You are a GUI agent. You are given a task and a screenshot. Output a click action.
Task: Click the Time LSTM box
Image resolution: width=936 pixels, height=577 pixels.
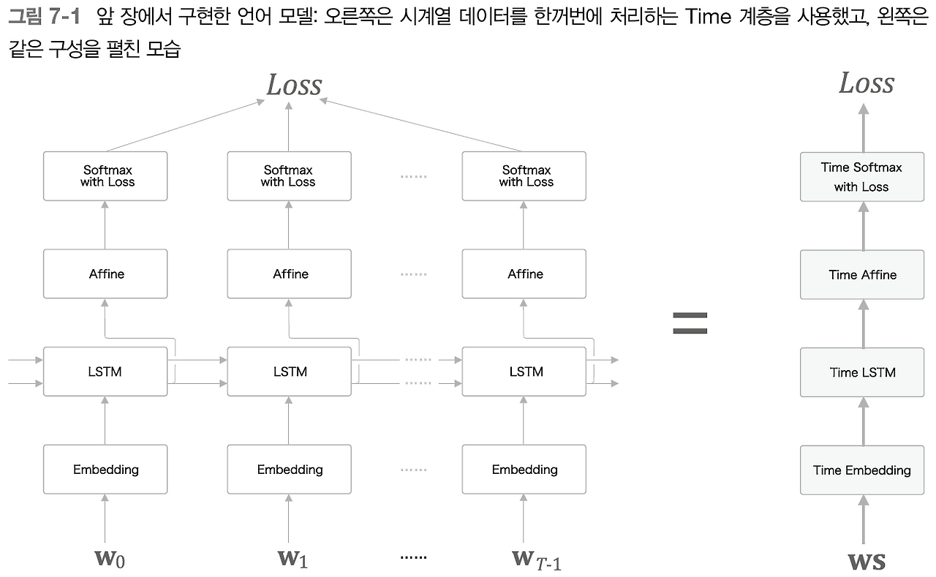tap(863, 372)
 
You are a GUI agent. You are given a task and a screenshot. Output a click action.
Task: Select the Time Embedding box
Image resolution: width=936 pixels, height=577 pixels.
tap(863, 469)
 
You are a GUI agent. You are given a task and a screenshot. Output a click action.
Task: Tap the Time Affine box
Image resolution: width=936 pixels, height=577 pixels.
tap(863, 274)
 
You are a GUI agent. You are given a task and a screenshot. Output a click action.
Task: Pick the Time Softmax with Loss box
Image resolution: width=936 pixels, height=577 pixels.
tap(863, 177)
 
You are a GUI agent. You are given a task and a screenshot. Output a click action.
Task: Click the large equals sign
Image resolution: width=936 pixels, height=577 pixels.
tap(690, 323)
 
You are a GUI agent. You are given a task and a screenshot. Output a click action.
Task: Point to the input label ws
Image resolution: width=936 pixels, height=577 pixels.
tap(867, 561)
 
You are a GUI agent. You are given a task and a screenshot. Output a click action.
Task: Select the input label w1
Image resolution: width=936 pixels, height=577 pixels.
tap(292, 559)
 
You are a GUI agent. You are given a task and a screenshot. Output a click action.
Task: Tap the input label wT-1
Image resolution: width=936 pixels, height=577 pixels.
tap(536, 559)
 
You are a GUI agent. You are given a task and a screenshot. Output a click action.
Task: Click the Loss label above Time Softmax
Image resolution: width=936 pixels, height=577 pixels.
tap(867, 83)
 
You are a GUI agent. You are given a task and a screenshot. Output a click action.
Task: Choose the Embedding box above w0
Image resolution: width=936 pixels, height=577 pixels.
tap(105, 469)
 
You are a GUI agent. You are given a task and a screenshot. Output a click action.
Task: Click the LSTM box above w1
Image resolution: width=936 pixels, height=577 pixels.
tap(290, 372)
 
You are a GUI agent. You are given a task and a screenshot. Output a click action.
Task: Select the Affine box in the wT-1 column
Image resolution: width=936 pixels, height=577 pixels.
tap(524, 274)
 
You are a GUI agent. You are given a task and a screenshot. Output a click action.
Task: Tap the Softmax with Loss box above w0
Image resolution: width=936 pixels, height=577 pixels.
tap(105, 176)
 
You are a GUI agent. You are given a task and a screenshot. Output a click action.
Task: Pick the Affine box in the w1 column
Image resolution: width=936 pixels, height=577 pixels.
tap(290, 274)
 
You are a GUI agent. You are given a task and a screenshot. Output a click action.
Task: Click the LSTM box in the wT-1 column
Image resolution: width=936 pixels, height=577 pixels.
tap(524, 372)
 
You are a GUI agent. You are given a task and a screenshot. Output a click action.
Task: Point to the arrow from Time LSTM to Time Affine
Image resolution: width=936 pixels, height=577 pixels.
tap(864, 323)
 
